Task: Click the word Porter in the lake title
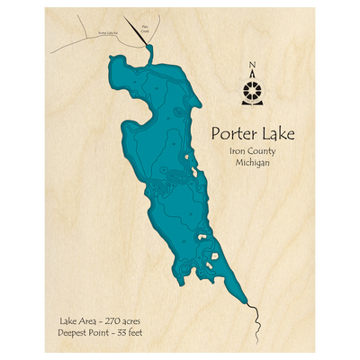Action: (233, 135)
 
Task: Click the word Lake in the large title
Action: (275, 135)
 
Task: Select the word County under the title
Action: (262, 152)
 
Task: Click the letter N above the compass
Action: (251, 63)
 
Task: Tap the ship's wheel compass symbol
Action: (251, 90)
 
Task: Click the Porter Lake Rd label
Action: (109, 31)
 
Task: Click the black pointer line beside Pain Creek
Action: (137, 30)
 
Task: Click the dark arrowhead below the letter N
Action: (251, 75)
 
